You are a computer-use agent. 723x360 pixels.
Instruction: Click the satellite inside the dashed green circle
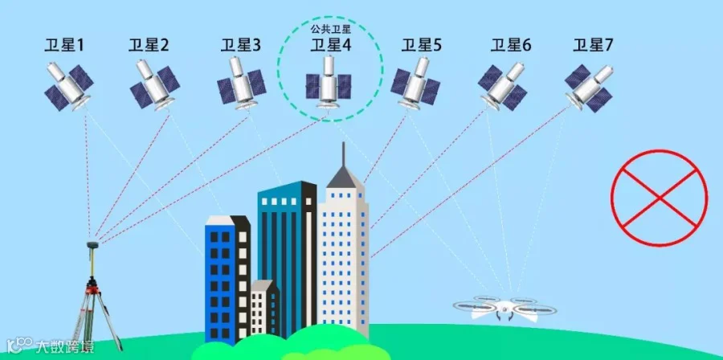pos(329,83)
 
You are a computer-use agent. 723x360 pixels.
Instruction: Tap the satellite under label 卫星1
pos(69,83)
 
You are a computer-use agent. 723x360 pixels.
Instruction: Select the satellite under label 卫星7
pos(589,83)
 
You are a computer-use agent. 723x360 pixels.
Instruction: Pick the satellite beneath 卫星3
pos(240,83)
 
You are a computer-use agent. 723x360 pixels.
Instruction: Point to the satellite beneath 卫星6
pos(502,83)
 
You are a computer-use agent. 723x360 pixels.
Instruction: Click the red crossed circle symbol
pos(659,196)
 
